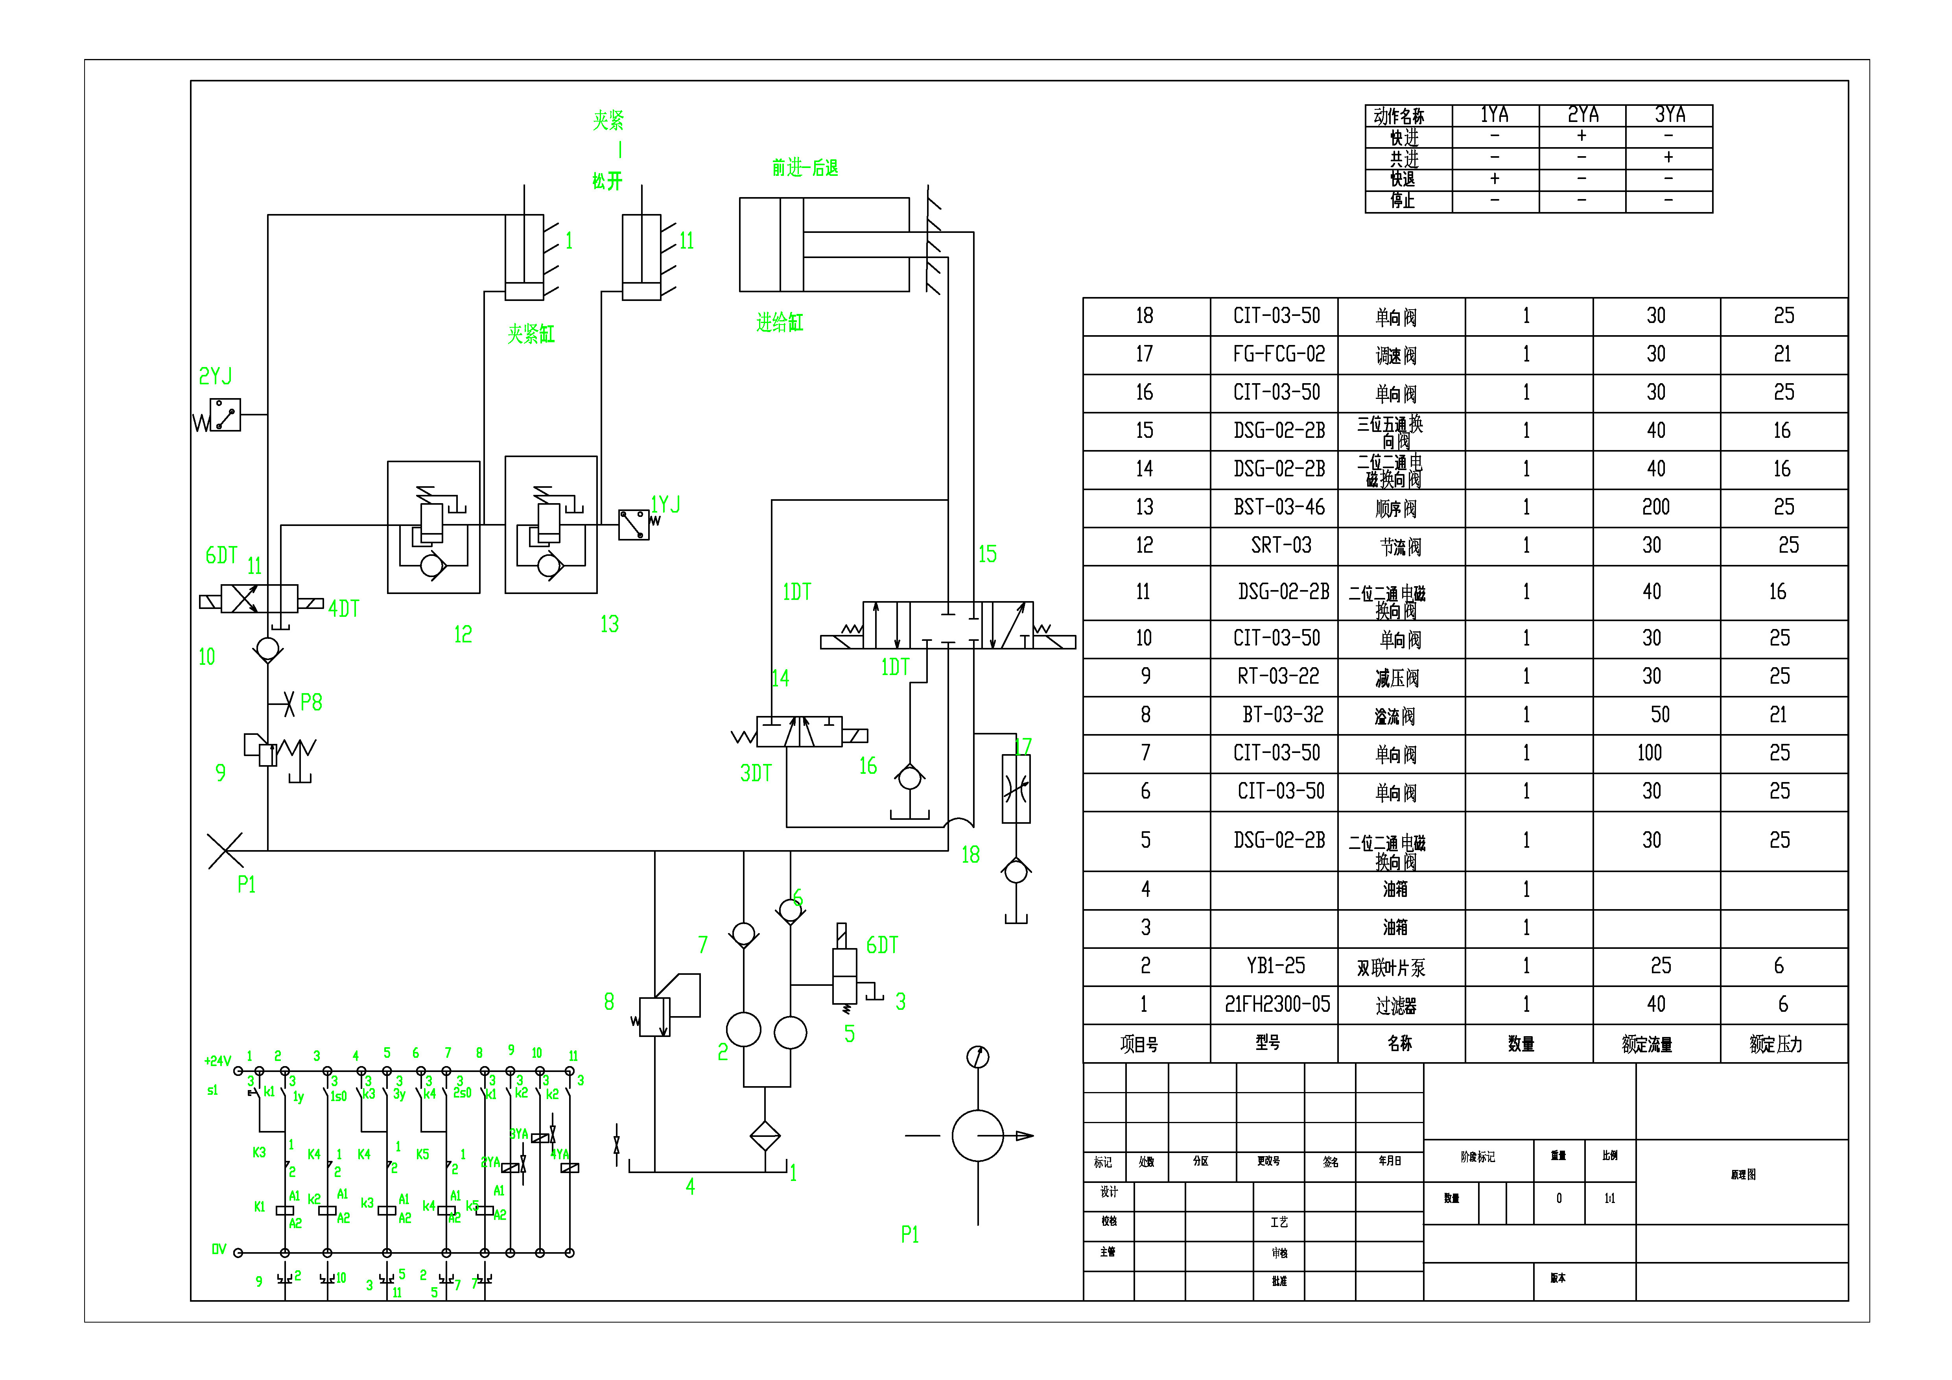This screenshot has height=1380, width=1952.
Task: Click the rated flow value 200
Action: point(1655,507)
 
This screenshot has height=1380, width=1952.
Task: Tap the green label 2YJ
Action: point(215,376)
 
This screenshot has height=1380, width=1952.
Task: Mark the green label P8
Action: point(311,702)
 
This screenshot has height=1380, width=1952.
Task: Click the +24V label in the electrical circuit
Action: point(218,1061)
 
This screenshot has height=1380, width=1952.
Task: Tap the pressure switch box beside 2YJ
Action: point(225,415)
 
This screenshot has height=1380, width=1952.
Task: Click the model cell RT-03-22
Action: point(1278,677)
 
